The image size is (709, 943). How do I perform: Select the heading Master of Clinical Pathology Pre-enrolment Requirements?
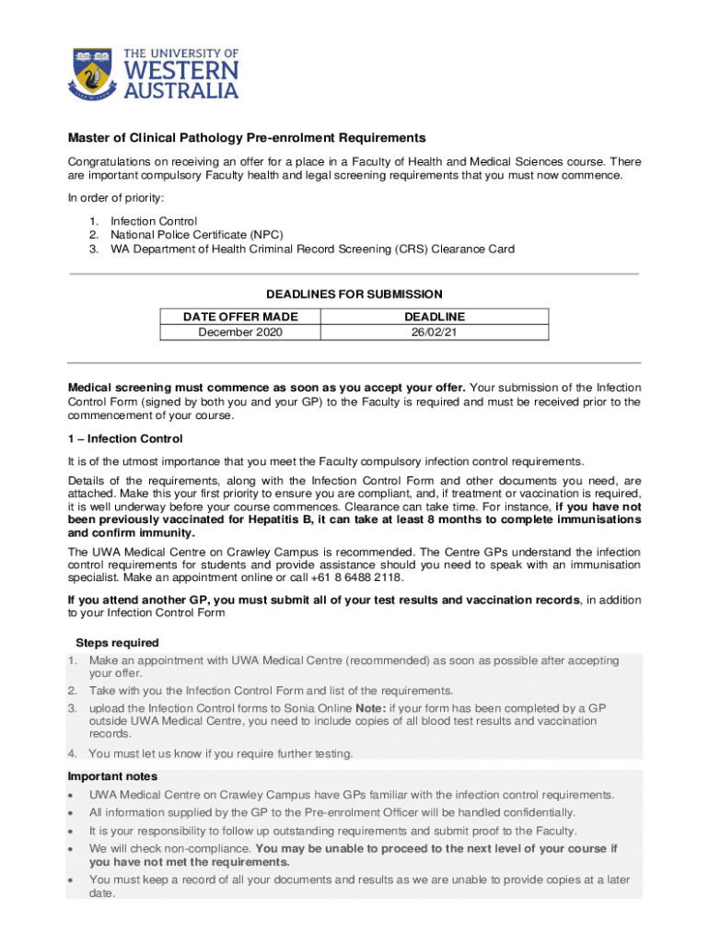(x=247, y=138)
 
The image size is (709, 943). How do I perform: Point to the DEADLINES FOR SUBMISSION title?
(x=354, y=295)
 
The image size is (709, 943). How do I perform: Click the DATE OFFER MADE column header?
(x=240, y=317)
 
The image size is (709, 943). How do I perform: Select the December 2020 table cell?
(x=240, y=332)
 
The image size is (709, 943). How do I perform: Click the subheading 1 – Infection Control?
(x=125, y=439)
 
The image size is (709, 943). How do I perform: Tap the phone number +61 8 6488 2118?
(x=360, y=577)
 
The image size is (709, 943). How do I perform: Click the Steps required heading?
(x=117, y=643)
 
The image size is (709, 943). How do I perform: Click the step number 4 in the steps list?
(x=72, y=753)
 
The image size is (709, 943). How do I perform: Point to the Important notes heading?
(x=112, y=776)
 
